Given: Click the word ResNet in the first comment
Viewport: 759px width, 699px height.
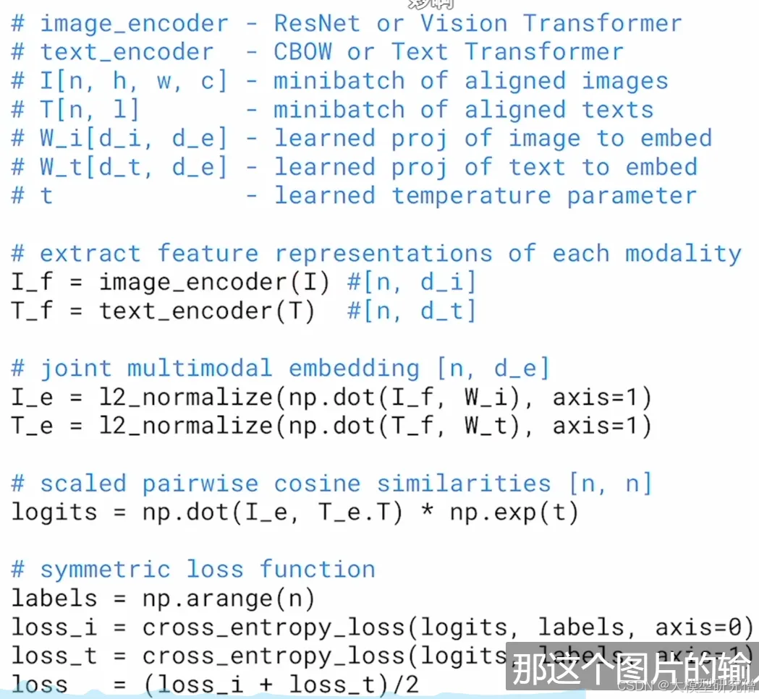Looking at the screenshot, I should (317, 23).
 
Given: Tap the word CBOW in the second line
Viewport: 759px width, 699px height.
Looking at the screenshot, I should (302, 52).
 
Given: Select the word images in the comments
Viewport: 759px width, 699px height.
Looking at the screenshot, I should (625, 81).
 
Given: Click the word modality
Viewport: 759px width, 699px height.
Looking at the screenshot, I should (683, 253).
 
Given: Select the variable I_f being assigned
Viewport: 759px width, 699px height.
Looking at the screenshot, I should (32, 282).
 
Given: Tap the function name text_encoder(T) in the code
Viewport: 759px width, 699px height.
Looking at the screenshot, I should (207, 311).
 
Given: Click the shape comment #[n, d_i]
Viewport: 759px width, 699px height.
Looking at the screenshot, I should (412, 282).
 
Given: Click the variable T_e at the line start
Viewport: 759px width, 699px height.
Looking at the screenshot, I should (32, 426).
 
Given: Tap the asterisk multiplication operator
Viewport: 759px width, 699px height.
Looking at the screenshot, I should (427, 512).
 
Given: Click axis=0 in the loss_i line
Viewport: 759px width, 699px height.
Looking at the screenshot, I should (705, 627).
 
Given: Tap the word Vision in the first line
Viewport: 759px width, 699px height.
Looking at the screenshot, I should (463, 23).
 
